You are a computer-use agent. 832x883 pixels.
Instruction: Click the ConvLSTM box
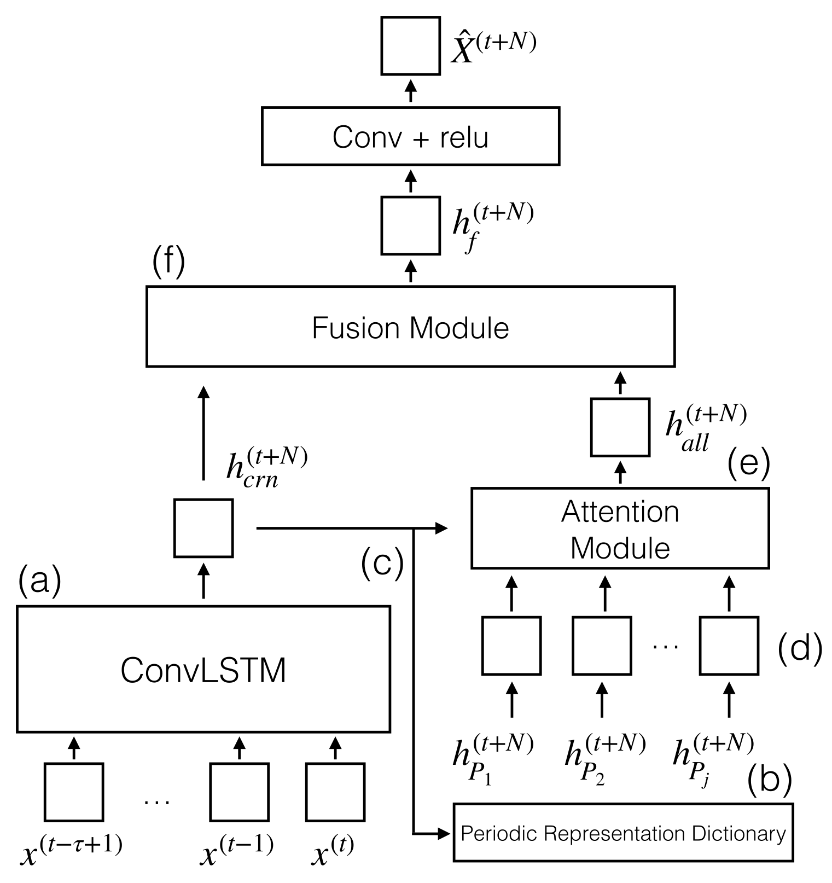tap(203, 669)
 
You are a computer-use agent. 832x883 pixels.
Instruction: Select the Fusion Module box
tap(410, 327)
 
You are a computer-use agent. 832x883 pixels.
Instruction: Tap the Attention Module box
tap(620, 528)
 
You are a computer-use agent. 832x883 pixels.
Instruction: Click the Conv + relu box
tap(410, 136)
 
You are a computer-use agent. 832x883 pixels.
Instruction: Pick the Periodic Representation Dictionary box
tap(623, 833)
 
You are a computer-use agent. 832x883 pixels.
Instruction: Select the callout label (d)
tap(800, 649)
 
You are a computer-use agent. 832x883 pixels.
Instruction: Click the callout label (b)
tap(769, 780)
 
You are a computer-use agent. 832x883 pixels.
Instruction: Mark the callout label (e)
tap(748, 464)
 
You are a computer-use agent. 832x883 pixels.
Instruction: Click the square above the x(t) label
tap(335, 792)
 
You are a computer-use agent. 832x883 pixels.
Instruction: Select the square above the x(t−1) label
tap(240, 792)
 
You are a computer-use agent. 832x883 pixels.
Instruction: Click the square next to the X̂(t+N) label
tap(410, 46)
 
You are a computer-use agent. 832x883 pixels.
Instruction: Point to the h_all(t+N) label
tap(705, 428)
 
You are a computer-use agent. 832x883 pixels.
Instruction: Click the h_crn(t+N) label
tap(266, 467)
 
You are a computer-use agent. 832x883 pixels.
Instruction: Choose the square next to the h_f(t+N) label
tap(410, 225)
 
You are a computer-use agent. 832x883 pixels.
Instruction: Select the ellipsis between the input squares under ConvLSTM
tap(157, 801)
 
